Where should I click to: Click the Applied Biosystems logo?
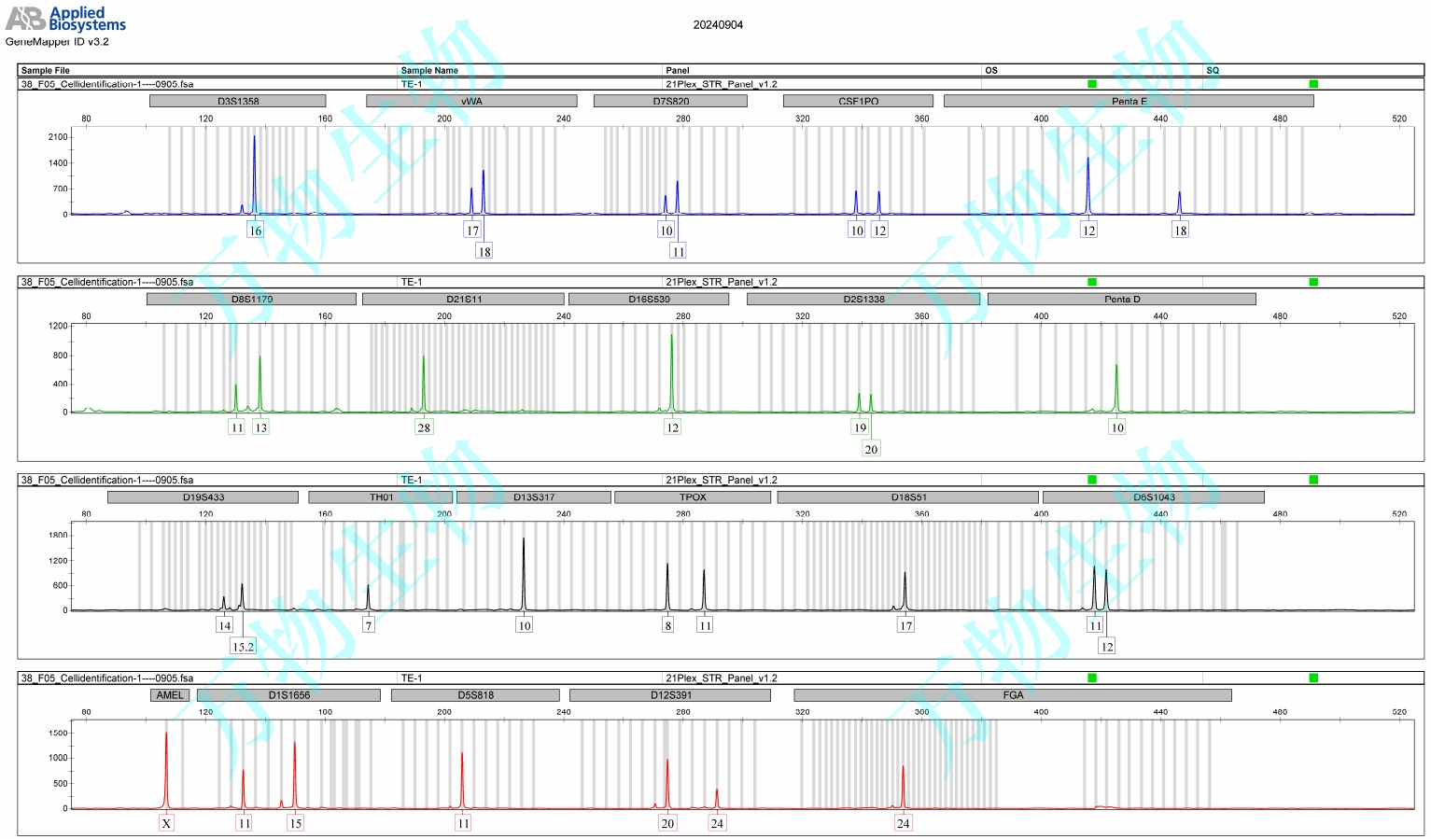pyautogui.click(x=65, y=19)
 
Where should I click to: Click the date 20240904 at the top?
pyautogui.click(x=718, y=25)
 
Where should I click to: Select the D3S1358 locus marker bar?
pyautogui.click(x=238, y=101)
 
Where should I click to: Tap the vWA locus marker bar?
pyautogui.click(x=471, y=101)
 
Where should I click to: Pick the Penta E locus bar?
pyautogui.click(x=1129, y=101)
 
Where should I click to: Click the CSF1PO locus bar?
pyautogui.click(x=858, y=101)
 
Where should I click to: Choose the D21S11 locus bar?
pyautogui.click(x=464, y=299)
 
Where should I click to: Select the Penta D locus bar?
pyautogui.click(x=1121, y=299)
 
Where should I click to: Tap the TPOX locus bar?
pyautogui.click(x=693, y=497)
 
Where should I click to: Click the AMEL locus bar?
pyautogui.click(x=170, y=695)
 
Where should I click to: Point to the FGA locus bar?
pyautogui.click(x=1013, y=695)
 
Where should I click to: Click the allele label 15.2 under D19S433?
pyautogui.click(x=243, y=647)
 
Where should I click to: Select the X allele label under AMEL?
pyautogui.click(x=166, y=823)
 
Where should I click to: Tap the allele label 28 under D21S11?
pyautogui.click(x=424, y=427)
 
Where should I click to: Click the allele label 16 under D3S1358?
pyautogui.click(x=255, y=231)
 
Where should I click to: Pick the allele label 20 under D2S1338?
pyautogui.click(x=871, y=449)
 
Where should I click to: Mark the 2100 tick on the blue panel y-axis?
pyautogui.click(x=58, y=137)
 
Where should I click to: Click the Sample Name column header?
pyautogui.click(x=429, y=70)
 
